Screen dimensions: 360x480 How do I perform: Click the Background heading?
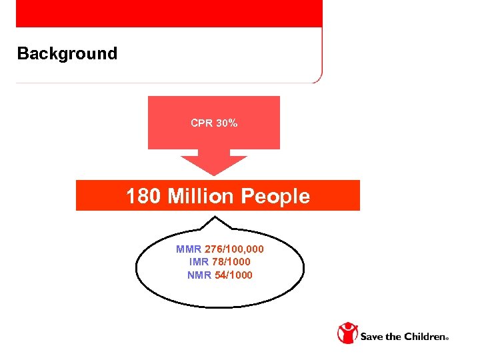click(67, 54)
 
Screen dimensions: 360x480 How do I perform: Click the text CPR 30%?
click(214, 123)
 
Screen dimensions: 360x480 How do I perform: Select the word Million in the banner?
click(201, 197)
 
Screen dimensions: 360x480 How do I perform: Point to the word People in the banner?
click(275, 197)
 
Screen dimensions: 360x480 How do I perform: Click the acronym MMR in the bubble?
click(188, 249)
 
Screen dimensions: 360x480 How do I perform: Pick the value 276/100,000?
click(233, 249)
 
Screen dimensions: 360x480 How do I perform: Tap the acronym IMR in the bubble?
click(199, 262)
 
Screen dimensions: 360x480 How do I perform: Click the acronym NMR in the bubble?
click(199, 275)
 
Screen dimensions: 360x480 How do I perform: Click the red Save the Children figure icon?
click(347, 333)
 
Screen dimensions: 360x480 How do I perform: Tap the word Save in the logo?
click(373, 337)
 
